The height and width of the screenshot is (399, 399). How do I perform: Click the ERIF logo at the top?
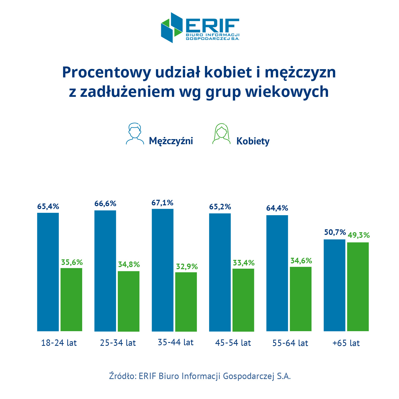pyautogui.click(x=200, y=28)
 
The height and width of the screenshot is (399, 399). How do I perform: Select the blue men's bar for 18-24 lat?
pyautogui.click(x=48, y=272)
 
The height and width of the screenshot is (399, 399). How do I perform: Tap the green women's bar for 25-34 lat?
pyautogui.click(x=128, y=301)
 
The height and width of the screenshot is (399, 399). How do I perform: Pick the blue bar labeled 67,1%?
pyautogui.click(x=163, y=270)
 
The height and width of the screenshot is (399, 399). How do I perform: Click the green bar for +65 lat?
pyautogui.click(x=358, y=286)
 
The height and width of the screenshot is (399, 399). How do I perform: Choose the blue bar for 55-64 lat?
pyautogui.click(x=277, y=273)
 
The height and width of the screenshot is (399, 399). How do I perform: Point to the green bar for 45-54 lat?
pyautogui.click(x=243, y=300)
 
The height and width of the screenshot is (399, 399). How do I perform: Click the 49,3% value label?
pyautogui.click(x=359, y=235)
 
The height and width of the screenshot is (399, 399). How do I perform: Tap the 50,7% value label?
pyautogui.click(x=335, y=232)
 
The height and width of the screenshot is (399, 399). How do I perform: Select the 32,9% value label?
pyautogui.click(x=187, y=266)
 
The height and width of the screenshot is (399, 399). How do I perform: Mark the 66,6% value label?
pyautogui.click(x=105, y=203)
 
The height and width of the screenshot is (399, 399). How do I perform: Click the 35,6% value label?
pyautogui.click(x=72, y=262)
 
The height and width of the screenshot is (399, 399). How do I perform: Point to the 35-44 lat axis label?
pyautogui.click(x=176, y=342)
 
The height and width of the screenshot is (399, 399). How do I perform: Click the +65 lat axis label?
pyautogui.click(x=346, y=343)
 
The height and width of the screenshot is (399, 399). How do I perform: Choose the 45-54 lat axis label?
pyautogui.click(x=233, y=343)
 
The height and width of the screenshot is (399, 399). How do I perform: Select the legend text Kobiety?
pyautogui.click(x=253, y=141)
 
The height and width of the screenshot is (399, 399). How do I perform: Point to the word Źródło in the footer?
pyautogui.click(x=123, y=376)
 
